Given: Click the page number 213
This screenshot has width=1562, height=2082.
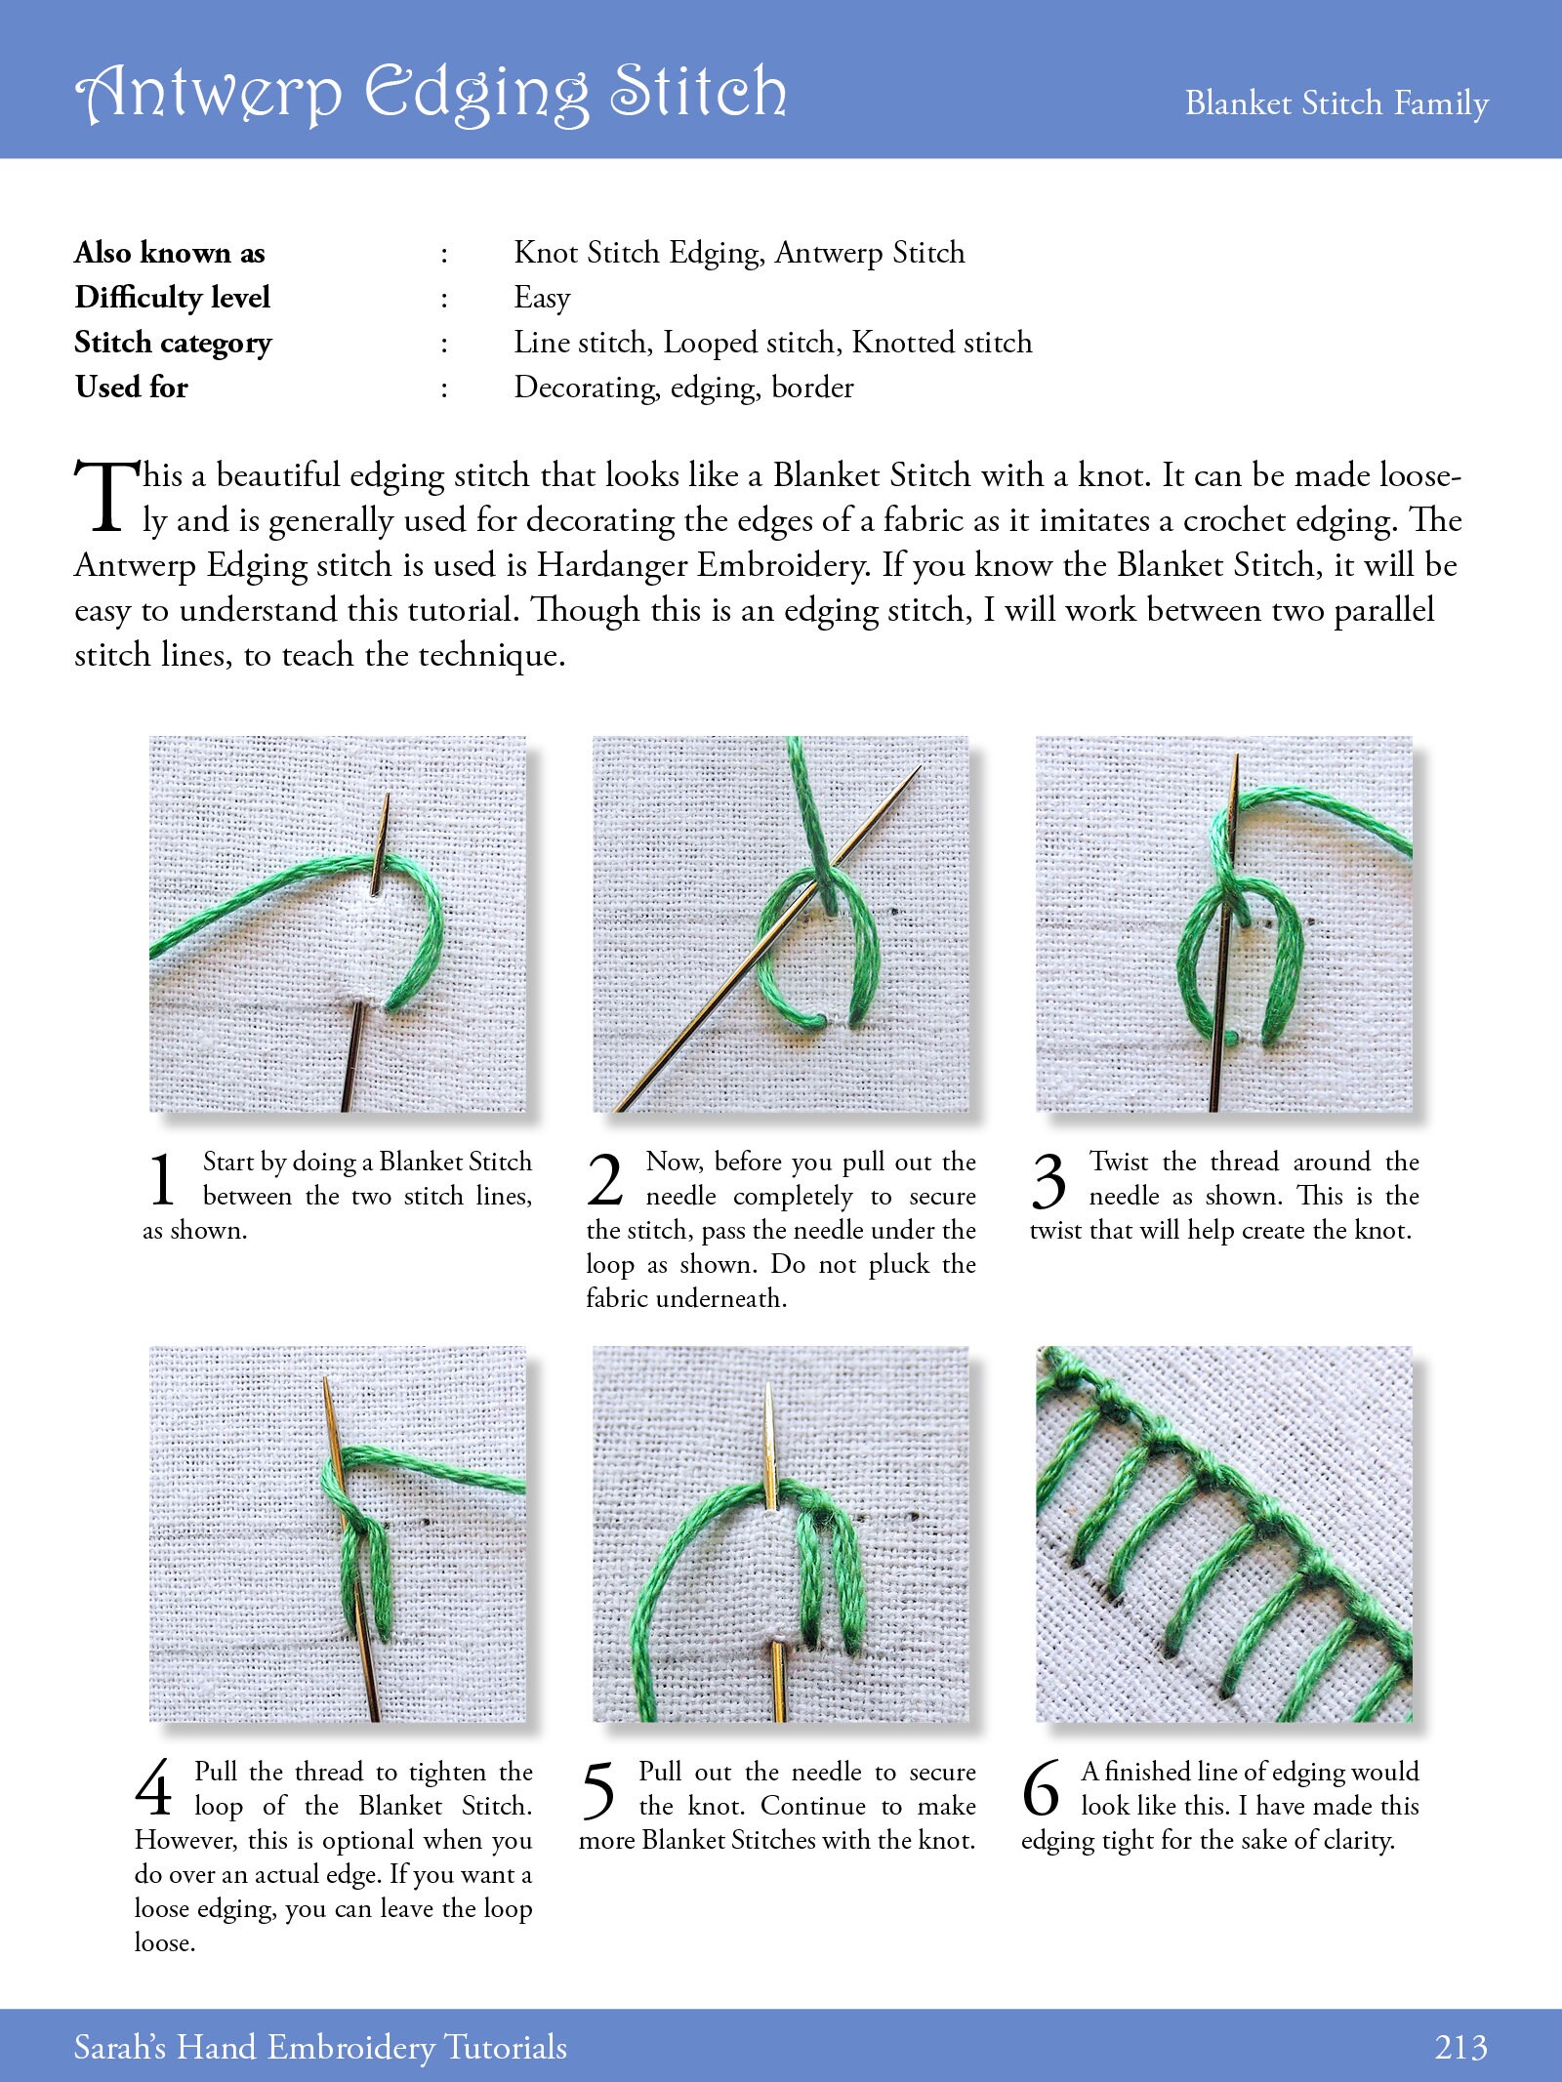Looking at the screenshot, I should (1460, 2047).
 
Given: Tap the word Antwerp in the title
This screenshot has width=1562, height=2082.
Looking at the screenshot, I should (209, 93).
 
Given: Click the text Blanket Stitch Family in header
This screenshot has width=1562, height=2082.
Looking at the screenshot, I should (1336, 102).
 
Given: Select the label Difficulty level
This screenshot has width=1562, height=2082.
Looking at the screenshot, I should (172, 297).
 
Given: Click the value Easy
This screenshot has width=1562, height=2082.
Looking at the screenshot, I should (542, 298).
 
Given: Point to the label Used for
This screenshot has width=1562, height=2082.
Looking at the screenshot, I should (131, 387).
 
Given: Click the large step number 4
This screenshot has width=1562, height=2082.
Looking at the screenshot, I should (154, 1789).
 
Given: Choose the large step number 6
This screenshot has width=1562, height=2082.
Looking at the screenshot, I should (1041, 1789).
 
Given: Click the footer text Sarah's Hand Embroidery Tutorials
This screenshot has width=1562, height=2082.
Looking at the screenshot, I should (320, 2047).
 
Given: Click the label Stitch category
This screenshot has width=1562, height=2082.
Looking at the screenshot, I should (173, 343).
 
